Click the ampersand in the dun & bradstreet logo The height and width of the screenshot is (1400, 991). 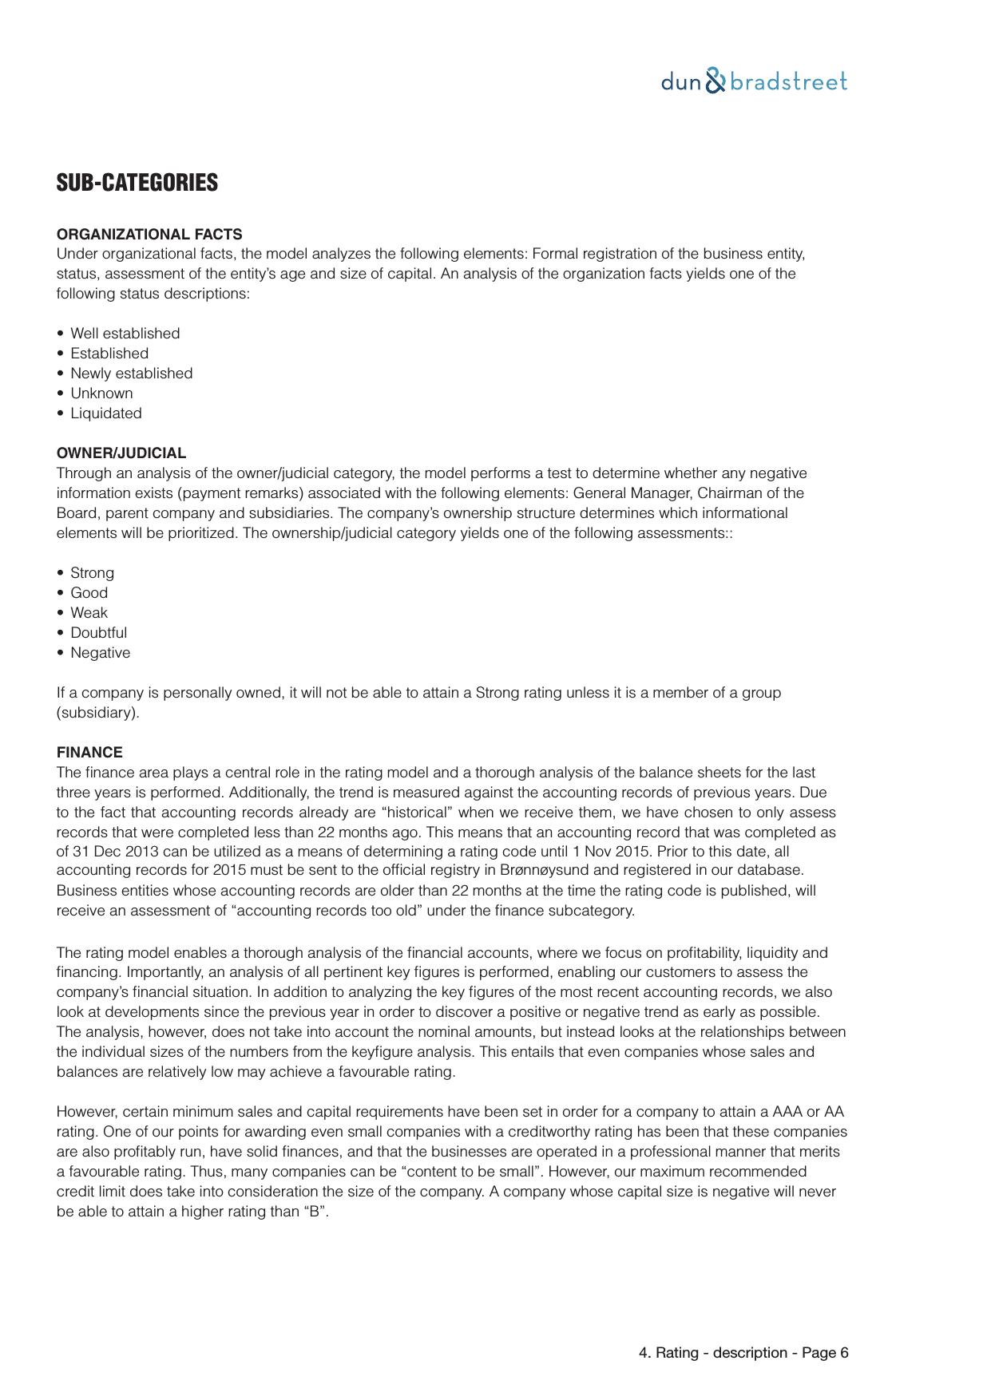coord(716,81)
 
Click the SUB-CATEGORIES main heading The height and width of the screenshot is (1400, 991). coord(137,183)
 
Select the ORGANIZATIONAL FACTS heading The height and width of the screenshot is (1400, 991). coord(149,234)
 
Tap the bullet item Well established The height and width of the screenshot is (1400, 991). coord(125,334)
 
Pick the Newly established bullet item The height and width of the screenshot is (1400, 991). coord(131,374)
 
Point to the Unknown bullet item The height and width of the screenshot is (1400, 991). coord(101,394)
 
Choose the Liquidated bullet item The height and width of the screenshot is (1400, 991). coord(105,413)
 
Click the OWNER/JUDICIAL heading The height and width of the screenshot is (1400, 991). coord(121,453)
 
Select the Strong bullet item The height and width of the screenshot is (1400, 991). coord(92,573)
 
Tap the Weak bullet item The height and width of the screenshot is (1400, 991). coord(89,613)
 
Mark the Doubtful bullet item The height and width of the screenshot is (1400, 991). coord(98,633)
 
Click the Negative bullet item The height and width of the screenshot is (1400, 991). coord(100,653)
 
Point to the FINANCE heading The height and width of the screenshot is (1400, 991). coord(89,753)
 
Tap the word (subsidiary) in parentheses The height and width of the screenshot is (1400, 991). coord(97,713)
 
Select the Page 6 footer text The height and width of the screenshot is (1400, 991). coord(825,1353)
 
